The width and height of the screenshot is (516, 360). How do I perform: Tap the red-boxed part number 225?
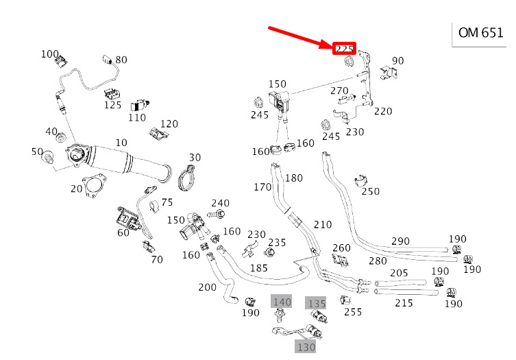click(x=344, y=49)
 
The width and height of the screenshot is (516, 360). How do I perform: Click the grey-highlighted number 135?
click(x=316, y=303)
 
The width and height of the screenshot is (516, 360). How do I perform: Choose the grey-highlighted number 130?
click(x=305, y=346)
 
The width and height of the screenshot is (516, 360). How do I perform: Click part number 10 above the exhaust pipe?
click(x=121, y=142)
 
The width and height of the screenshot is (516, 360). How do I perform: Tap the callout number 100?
click(x=50, y=54)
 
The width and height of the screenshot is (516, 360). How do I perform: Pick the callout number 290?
click(x=400, y=241)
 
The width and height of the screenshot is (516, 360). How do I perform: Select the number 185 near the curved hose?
click(x=258, y=267)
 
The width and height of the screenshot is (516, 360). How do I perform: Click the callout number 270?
click(x=339, y=91)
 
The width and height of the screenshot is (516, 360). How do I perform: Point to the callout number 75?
click(x=167, y=202)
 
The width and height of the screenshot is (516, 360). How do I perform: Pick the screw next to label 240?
click(x=219, y=215)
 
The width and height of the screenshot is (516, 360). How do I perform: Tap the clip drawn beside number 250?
click(x=358, y=182)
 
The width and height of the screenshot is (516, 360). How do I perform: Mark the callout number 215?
click(x=404, y=302)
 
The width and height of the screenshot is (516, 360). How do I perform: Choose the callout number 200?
click(x=206, y=287)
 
